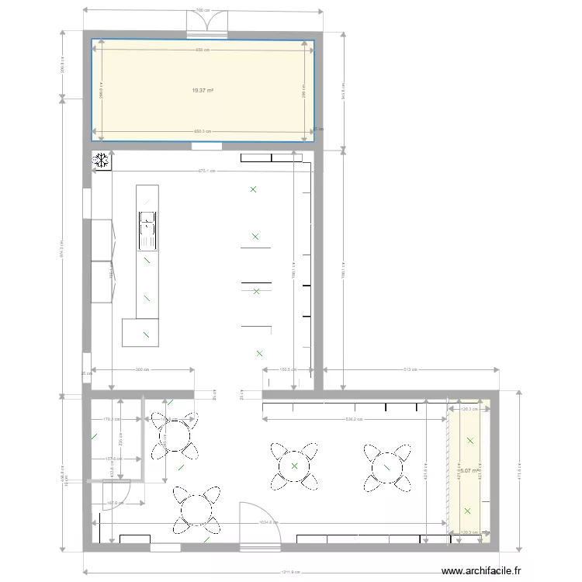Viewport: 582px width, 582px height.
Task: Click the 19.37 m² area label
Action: (x=203, y=91)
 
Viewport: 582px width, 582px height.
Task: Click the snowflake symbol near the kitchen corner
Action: (x=101, y=161)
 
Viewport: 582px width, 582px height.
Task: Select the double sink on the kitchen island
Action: (x=147, y=231)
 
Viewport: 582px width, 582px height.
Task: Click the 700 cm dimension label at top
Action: (x=203, y=11)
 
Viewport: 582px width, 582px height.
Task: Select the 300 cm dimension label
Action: (x=141, y=370)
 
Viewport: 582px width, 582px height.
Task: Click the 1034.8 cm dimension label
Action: (x=268, y=522)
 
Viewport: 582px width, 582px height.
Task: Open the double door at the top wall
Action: (x=206, y=25)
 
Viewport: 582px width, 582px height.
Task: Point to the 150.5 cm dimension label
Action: (x=288, y=370)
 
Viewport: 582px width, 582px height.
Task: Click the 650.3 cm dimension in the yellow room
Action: (x=203, y=131)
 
